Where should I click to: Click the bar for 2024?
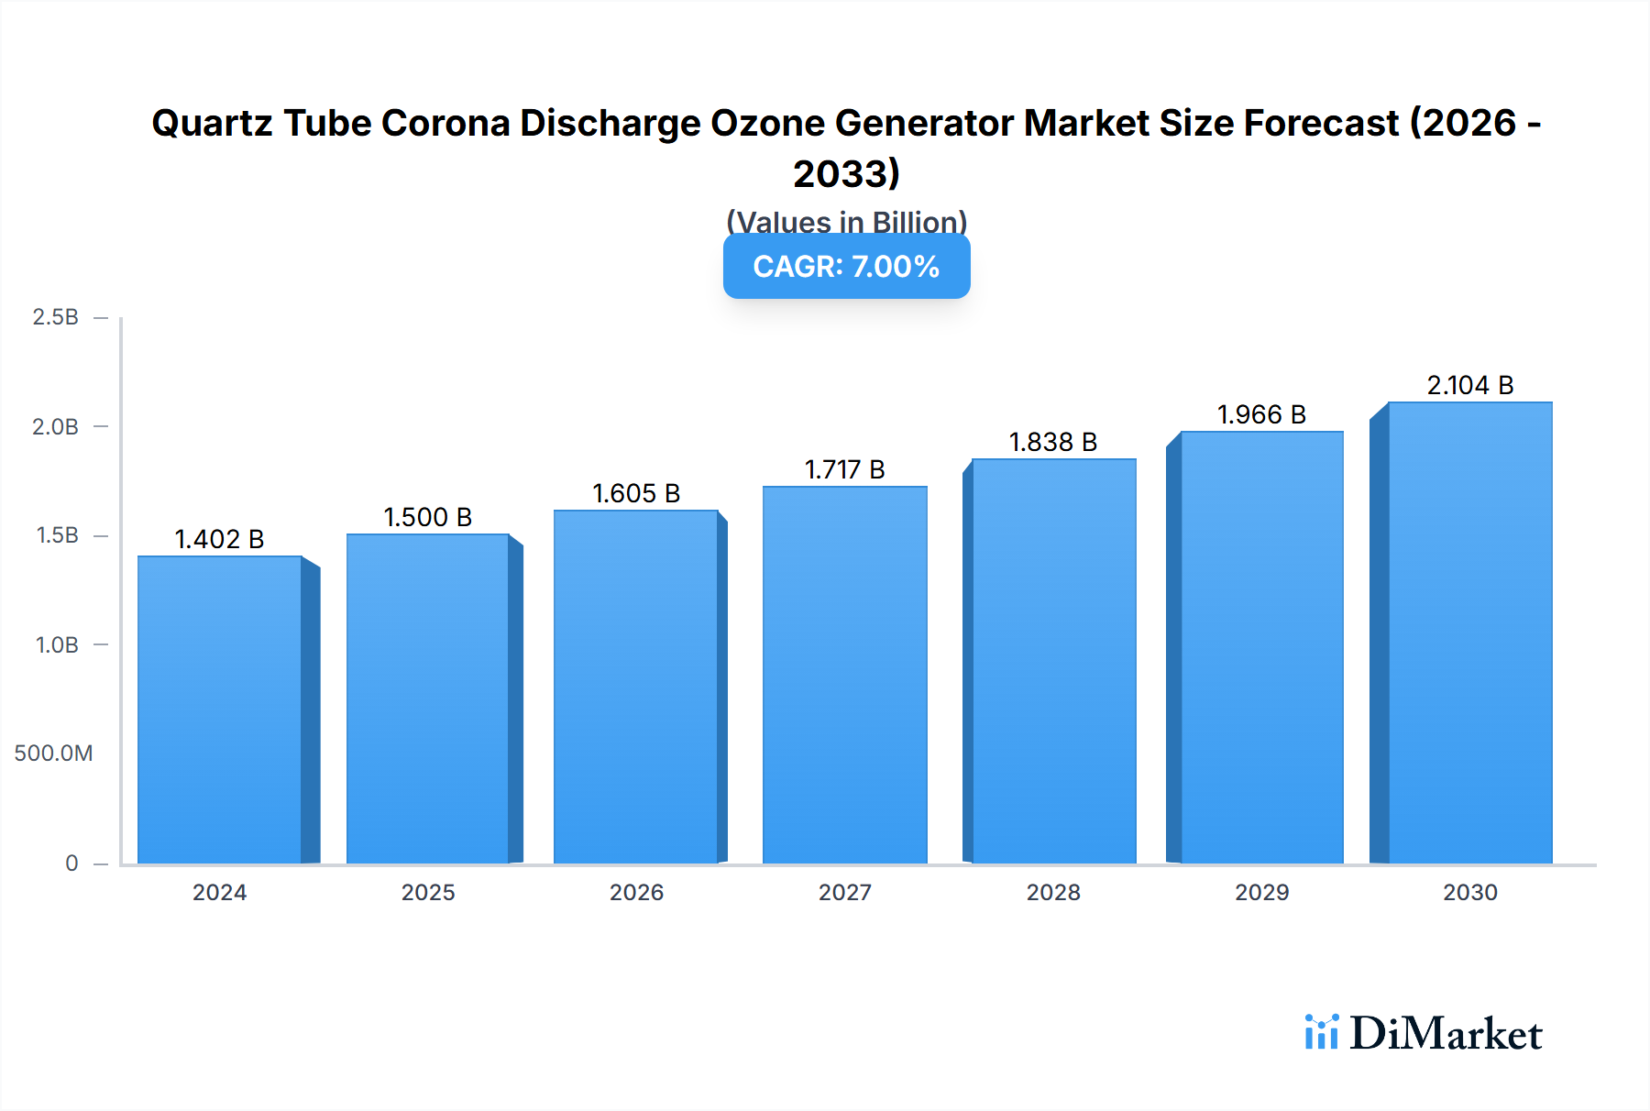click(220, 710)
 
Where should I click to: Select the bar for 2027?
click(844, 676)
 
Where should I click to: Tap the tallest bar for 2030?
click(1469, 632)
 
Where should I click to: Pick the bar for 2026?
click(636, 687)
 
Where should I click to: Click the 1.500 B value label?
click(427, 517)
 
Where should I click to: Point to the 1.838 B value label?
click(1052, 442)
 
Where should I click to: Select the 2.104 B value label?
click(1469, 385)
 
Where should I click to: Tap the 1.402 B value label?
click(219, 539)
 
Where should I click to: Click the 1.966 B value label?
click(1261, 414)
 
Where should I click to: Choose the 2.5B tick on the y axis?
click(55, 317)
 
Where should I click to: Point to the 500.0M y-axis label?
click(53, 753)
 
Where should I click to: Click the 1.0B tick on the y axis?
click(57, 645)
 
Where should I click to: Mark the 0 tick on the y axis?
click(71, 863)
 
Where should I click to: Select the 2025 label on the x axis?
click(428, 893)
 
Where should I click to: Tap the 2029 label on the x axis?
click(1261, 893)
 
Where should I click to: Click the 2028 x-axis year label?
click(1053, 893)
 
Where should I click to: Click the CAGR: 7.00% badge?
click(846, 267)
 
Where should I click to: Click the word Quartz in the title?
click(212, 123)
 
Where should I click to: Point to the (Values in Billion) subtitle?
click(846, 221)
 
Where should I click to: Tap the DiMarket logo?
click(1424, 1034)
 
